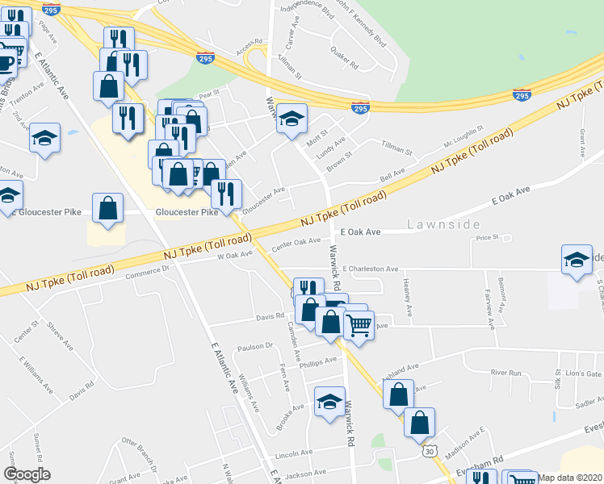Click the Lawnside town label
[x=444, y=223]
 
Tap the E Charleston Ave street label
[x=371, y=269]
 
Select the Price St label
[x=489, y=238]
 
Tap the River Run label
[x=506, y=373]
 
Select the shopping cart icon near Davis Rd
[x=359, y=324]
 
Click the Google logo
[x=26, y=474]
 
